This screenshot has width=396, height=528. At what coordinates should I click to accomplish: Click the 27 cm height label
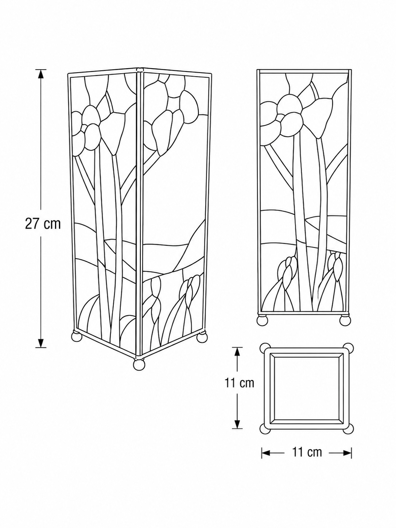click(x=43, y=224)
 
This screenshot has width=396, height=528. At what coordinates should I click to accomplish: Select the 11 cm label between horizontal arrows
click(x=307, y=452)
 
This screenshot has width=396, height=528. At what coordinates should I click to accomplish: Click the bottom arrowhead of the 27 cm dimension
click(x=41, y=342)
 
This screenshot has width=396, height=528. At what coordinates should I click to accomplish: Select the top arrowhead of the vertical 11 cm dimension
click(x=237, y=352)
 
